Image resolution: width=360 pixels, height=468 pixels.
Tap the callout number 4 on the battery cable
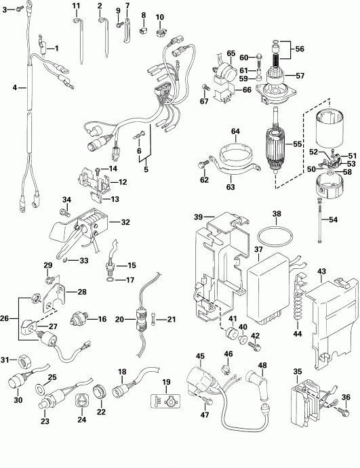point(15,88)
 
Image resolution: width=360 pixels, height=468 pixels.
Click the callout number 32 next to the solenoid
point(125,221)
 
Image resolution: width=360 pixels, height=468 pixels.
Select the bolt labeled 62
point(204,164)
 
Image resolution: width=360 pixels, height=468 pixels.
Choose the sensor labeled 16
point(81,318)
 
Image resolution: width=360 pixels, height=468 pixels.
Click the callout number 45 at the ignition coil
point(199,356)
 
